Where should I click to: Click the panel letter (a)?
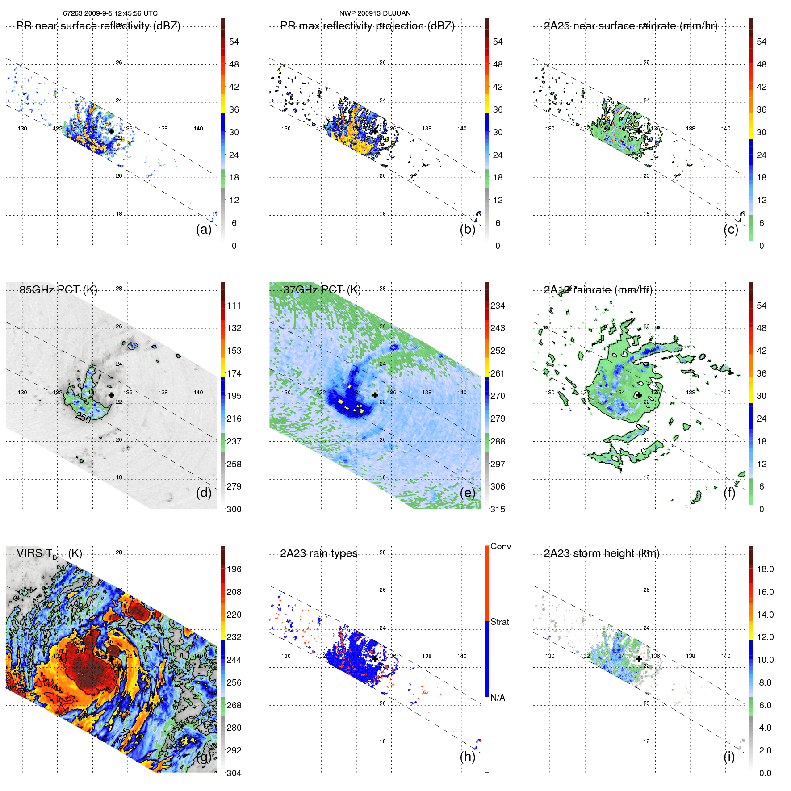204,229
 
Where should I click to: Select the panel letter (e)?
468,493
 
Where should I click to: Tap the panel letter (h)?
468,757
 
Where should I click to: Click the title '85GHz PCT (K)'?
58,289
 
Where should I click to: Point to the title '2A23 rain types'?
318,553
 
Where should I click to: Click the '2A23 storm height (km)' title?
602,553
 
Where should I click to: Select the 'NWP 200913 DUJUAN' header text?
375,13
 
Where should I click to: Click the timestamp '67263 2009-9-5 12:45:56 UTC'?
110,13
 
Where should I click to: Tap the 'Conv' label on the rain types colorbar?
500,546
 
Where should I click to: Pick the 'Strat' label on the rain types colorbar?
499,622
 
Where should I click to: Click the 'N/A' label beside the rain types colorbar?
498,698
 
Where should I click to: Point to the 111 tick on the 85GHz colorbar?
234,306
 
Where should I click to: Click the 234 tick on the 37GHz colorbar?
498,306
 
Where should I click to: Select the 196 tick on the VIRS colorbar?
234,569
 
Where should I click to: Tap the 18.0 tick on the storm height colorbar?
765,569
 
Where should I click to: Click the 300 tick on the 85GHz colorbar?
234,509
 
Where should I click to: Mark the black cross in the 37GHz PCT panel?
375,395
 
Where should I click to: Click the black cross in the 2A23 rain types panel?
375,659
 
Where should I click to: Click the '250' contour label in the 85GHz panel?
84,418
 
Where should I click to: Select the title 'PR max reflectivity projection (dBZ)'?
367,26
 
